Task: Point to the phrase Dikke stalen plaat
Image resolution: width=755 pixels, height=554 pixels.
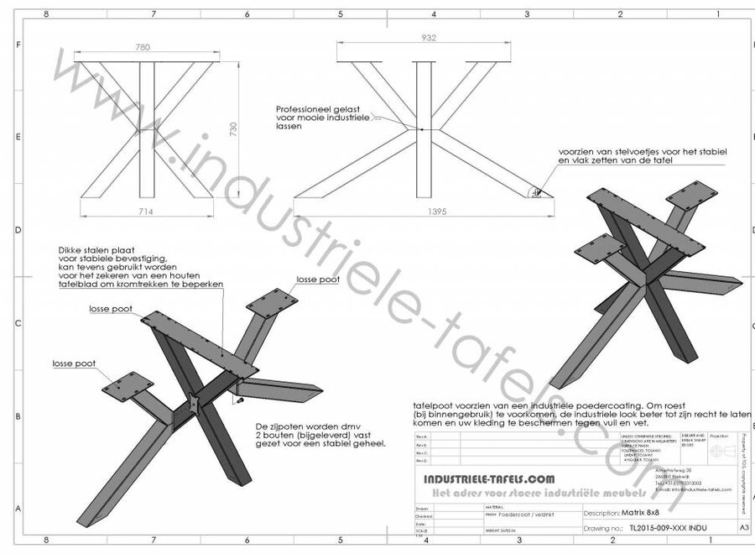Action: tap(92, 249)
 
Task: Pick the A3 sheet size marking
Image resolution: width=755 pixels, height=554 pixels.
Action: tap(743, 529)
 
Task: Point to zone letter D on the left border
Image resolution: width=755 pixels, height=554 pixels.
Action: tap(18, 230)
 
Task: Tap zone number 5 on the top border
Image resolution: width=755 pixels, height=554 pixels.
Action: tap(340, 14)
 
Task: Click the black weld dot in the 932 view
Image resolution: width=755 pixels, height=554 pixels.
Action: tap(421, 128)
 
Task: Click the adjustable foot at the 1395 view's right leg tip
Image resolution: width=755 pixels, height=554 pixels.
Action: tap(534, 191)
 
